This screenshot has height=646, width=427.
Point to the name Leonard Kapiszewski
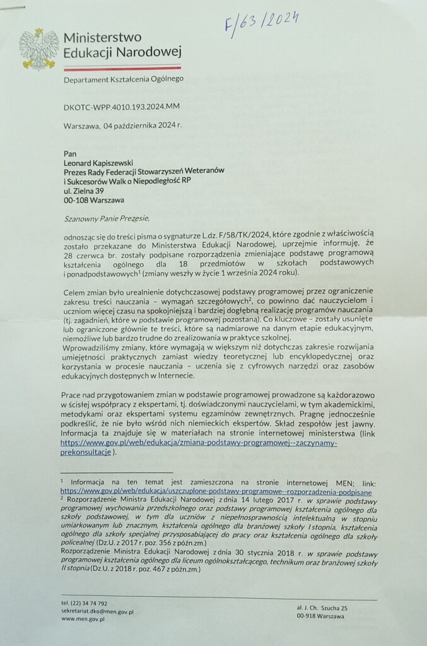click(103, 162)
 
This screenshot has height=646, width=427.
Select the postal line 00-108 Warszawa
click(94, 200)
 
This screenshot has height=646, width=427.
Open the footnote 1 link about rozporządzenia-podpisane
click(216, 491)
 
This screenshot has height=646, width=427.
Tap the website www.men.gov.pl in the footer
click(83, 619)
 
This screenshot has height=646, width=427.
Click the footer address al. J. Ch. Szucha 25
click(322, 607)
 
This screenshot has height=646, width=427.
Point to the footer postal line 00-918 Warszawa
click(320, 616)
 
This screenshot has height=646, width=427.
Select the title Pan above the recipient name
click(69, 152)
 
